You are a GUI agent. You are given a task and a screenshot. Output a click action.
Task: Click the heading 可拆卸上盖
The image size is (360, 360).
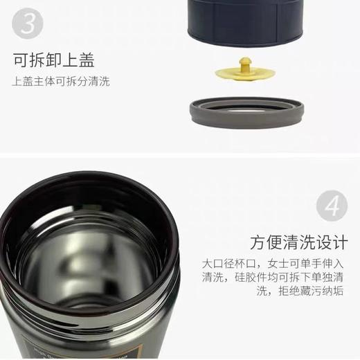(x=53, y=60)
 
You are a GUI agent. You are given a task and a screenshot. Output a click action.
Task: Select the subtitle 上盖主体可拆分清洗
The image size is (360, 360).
(x=61, y=82)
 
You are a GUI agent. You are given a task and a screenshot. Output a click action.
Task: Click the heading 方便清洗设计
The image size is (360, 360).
(x=300, y=243)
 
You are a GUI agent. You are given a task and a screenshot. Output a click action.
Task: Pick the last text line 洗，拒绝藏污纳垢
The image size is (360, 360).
(x=299, y=292)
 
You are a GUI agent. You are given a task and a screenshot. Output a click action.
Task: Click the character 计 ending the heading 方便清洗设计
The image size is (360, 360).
(x=341, y=243)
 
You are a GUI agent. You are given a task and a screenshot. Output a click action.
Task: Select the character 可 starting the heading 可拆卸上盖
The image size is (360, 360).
(x=20, y=60)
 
